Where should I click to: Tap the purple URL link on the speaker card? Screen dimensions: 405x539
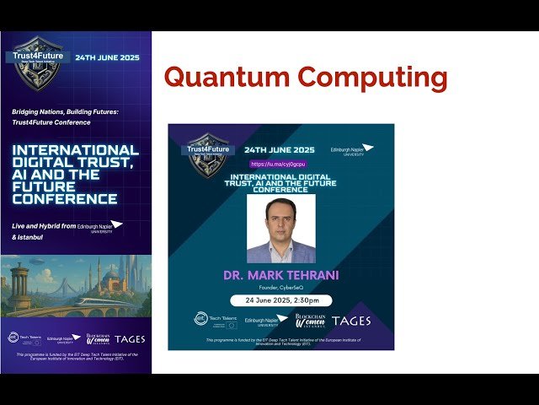click(277, 164)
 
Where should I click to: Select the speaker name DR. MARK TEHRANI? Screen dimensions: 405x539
click(280, 275)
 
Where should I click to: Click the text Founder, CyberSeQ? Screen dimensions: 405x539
click(280, 287)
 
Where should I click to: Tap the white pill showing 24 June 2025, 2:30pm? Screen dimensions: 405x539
click(280, 300)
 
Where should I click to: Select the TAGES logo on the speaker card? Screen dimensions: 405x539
click(351, 321)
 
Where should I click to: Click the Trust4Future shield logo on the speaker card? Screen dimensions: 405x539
click(207, 152)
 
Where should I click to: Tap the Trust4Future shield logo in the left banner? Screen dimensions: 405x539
click(37, 60)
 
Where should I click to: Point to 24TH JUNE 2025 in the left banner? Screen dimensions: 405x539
click(107, 58)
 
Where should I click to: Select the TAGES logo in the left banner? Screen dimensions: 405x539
click(130, 339)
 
